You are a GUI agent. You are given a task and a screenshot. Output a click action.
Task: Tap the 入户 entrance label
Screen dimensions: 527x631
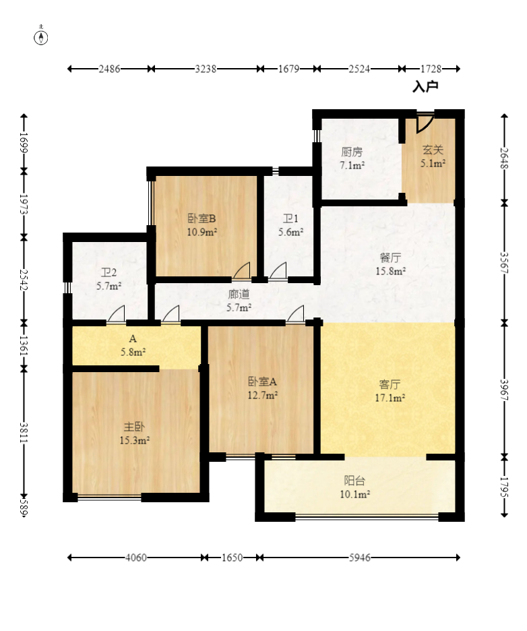tap(425, 86)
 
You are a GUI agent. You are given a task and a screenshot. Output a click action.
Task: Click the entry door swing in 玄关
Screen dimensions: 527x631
tap(425, 123)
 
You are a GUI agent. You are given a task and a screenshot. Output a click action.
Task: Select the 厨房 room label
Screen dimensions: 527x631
tap(352, 152)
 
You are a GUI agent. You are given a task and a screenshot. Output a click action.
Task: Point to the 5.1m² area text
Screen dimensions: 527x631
tap(433, 163)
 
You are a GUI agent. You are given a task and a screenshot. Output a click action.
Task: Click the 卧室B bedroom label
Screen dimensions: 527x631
tap(202, 218)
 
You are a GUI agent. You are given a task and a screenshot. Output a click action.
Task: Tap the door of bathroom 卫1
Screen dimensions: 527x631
tap(278, 270)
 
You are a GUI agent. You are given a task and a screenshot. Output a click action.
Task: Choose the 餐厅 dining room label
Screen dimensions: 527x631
tap(390, 258)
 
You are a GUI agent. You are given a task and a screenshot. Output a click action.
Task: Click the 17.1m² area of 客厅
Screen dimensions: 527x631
tap(390, 398)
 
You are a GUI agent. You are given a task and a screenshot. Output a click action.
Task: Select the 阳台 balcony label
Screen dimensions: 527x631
tap(354, 481)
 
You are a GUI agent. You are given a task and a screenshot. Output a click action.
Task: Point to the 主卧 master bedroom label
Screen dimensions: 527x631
tap(134, 427)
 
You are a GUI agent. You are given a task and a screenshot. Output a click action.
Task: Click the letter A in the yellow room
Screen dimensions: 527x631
tap(133, 339)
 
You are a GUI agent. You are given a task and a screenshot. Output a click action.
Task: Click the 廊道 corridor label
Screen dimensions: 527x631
tap(239, 294)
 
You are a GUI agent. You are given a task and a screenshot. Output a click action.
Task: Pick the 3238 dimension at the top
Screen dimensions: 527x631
tap(206, 69)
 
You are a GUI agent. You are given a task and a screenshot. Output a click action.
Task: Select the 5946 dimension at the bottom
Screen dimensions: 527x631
tap(360, 558)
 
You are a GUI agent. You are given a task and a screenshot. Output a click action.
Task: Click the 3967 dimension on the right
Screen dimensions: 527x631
tap(505, 390)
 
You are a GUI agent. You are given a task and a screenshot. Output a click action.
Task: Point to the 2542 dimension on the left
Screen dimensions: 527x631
tap(24, 280)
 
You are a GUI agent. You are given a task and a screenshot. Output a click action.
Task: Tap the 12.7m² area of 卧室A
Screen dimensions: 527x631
tap(262, 395)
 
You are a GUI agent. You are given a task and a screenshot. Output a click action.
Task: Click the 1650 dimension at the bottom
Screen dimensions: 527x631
tap(232, 558)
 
